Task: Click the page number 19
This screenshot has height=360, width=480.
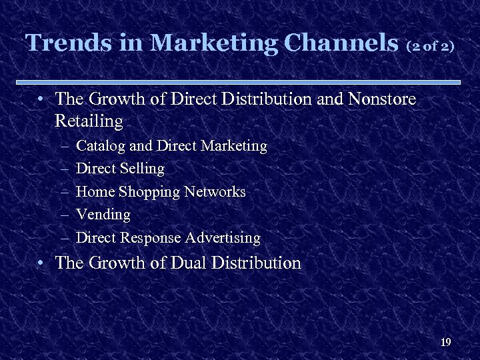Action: [x=446, y=343]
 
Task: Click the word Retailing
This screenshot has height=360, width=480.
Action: [x=89, y=122]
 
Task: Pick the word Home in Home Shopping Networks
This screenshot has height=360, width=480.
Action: [x=95, y=192]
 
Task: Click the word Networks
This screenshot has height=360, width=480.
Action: [x=215, y=192]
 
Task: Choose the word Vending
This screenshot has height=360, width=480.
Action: [x=103, y=215]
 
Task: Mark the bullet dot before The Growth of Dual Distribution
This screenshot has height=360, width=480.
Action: [x=41, y=263]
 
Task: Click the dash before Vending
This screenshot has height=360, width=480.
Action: [x=64, y=215]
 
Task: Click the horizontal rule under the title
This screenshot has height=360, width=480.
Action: [x=240, y=82]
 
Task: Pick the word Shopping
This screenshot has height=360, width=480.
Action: [x=149, y=193]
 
